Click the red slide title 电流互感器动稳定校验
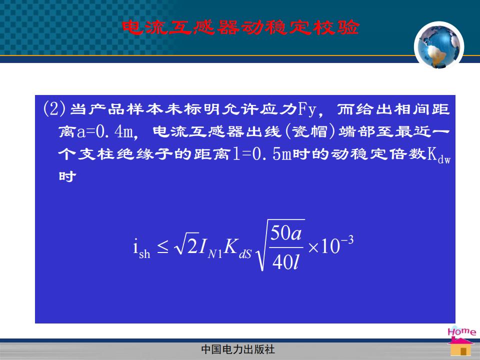240,27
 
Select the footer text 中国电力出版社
238,349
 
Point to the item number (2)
54,108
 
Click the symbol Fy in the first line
307,109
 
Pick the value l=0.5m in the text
261,153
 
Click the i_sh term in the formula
141,249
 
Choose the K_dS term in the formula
237,248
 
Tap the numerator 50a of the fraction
286,233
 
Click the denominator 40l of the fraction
285,262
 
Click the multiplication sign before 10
313,247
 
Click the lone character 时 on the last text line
67,176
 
